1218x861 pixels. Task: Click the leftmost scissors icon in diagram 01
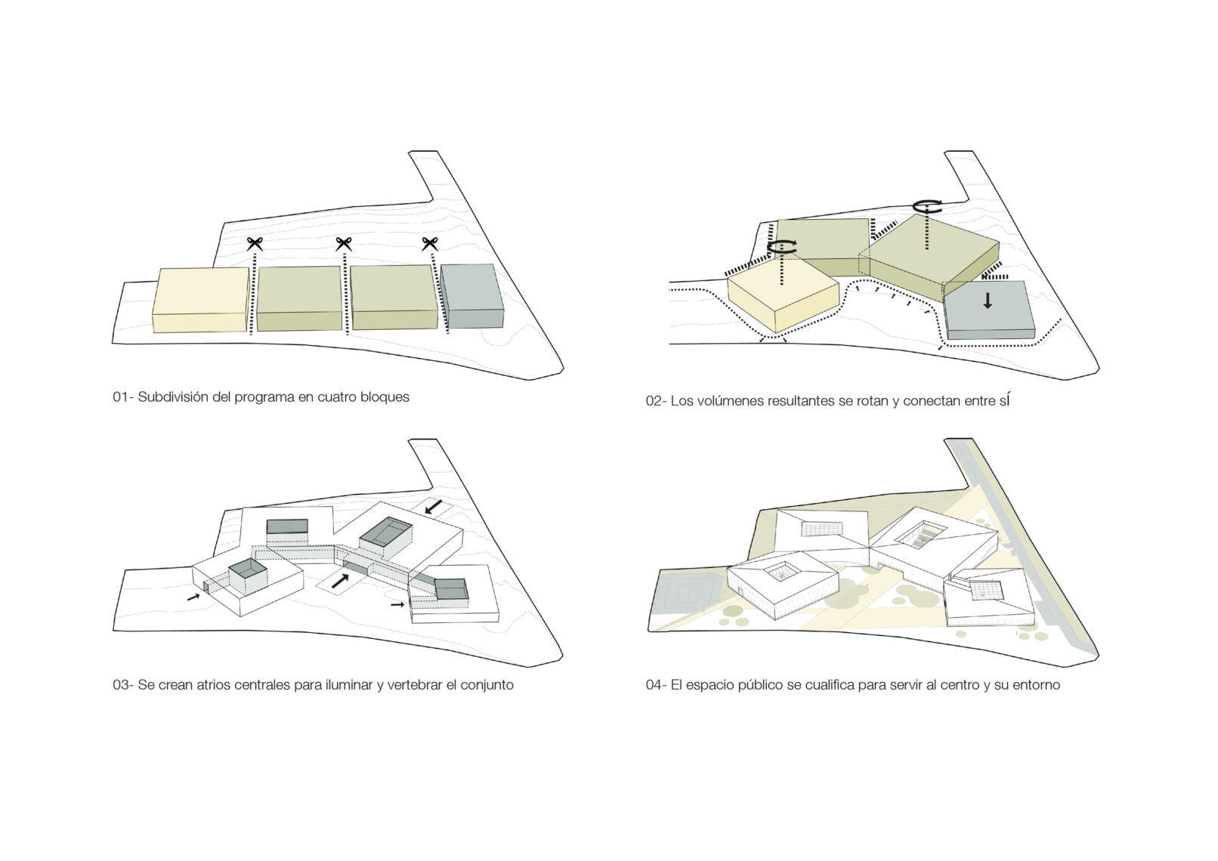pos(255,244)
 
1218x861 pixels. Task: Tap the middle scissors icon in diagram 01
pos(344,244)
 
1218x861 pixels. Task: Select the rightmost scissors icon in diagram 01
pos(430,244)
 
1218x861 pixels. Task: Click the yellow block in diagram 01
pos(201,299)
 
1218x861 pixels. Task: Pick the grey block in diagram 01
pos(472,296)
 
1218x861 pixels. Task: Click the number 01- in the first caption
pos(123,397)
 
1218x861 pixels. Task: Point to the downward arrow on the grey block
pos(988,301)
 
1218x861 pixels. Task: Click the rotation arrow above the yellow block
pos(782,246)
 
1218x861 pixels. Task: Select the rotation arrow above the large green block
pos(927,206)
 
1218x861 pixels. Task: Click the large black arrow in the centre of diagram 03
pos(340,581)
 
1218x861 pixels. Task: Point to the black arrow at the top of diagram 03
pos(434,507)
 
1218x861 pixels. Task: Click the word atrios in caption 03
pos(215,685)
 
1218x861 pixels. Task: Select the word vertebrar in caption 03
pos(415,685)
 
